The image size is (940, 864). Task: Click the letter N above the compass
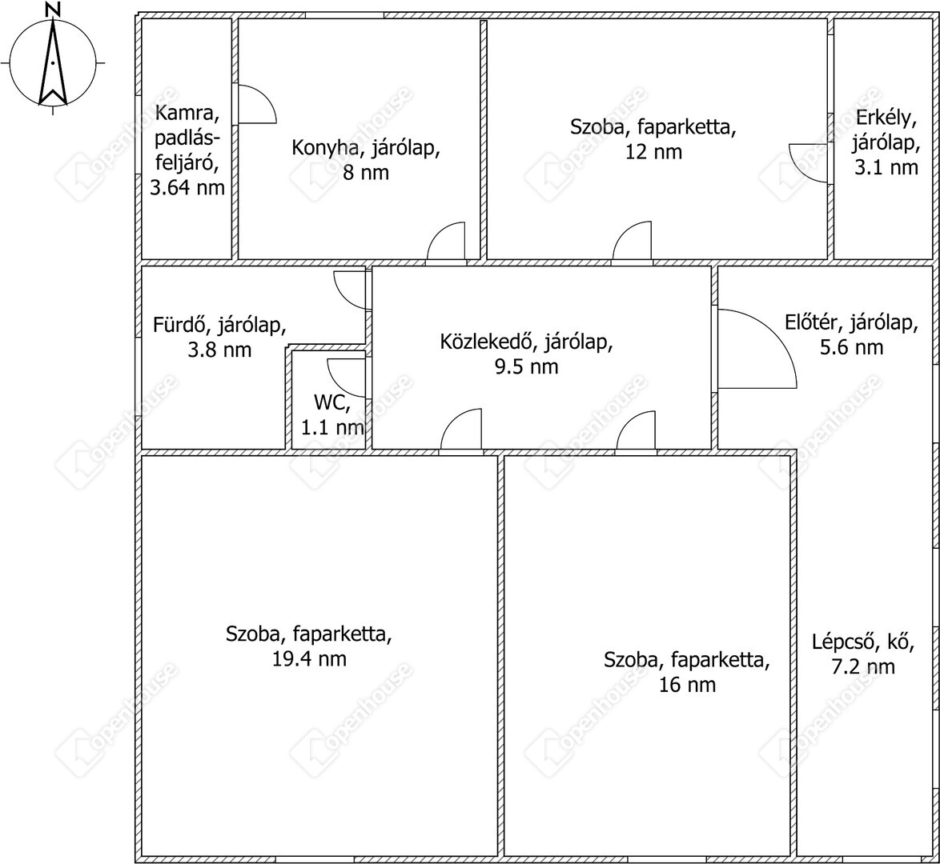[54, 9]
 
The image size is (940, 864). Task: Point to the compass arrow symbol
[53, 61]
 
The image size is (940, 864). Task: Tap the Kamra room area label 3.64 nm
[187, 187]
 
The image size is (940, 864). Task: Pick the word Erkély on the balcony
[886, 118]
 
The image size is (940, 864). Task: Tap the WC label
[331, 402]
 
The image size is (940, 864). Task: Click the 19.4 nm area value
[309, 658]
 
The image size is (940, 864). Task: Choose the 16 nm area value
[687, 684]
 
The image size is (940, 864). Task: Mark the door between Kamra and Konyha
[257, 104]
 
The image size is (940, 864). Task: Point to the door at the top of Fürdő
[350, 290]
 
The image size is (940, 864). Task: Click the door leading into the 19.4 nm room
[461, 429]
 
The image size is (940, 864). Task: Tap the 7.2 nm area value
[863, 666]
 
